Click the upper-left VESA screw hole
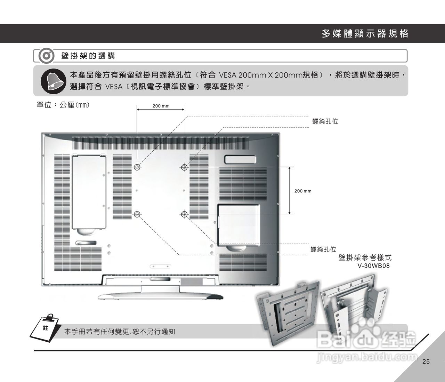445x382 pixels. pyautogui.click(x=137, y=168)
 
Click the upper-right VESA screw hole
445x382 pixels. pyautogui.click(x=184, y=168)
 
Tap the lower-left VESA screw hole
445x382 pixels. pyautogui.click(x=137, y=214)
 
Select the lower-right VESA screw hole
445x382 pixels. pyautogui.click(x=184, y=214)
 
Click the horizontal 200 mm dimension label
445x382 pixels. pyautogui.click(x=161, y=106)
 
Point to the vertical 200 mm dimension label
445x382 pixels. pyautogui.click(x=303, y=191)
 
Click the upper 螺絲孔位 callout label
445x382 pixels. pyautogui.click(x=325, y=121)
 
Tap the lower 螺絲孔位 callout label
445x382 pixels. pyautogui.click(x=323, y=249)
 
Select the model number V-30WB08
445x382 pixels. pyautogui.click(x=374, y=266)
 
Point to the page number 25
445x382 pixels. pyautogui.click(x=426, y=361)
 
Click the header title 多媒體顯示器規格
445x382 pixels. pyautogui.click(x=365, y=34)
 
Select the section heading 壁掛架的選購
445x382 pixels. pyautogui.click(x=88, y=56)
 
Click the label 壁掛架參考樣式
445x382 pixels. pyautogui.click(x=365, y=258)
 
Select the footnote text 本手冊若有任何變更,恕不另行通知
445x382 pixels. pyautogui.click(x=120, y=332)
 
